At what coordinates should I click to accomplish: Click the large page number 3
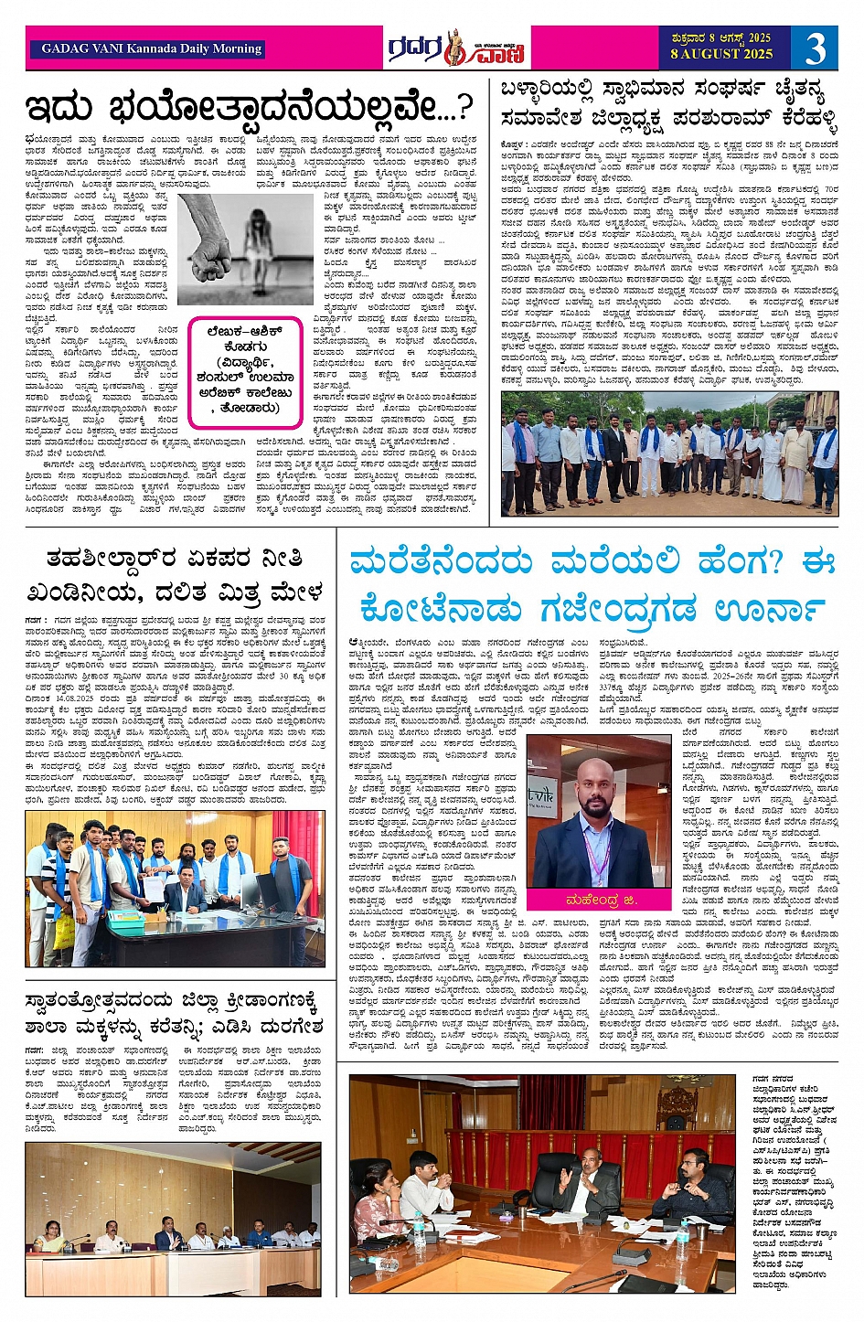[x=816, y=48]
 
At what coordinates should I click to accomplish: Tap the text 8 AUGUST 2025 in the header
[x=720, y=54]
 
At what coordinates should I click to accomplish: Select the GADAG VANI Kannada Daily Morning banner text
[x=152, y=48]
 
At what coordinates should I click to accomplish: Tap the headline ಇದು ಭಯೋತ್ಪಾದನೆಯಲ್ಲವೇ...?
[x=250, y=108]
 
